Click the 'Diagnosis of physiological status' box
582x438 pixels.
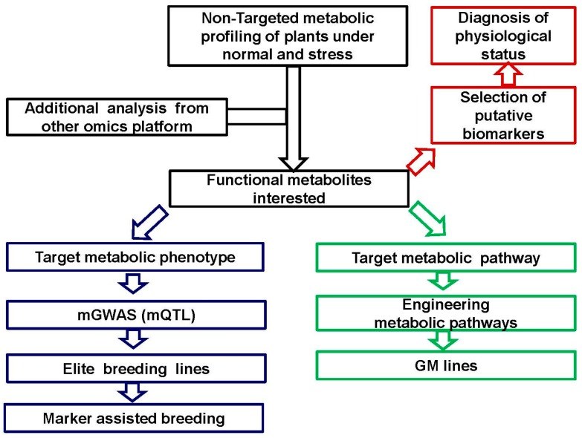(505, 36)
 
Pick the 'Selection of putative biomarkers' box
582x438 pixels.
(505, 114)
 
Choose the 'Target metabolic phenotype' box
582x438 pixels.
(135, 257)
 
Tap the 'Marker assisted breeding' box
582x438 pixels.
(135, 417)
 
